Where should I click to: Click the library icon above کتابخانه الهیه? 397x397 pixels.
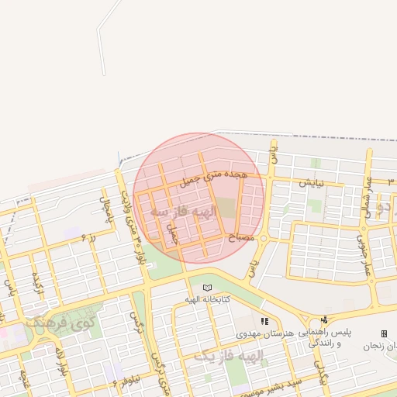[206, 288]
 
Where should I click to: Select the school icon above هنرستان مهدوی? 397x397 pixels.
[264, 320]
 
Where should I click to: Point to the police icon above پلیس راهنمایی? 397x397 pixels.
[324, 319]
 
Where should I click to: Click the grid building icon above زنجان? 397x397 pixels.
[384, 333]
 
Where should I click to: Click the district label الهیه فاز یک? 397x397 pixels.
[229, 356]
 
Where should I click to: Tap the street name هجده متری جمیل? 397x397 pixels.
[213, 178]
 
